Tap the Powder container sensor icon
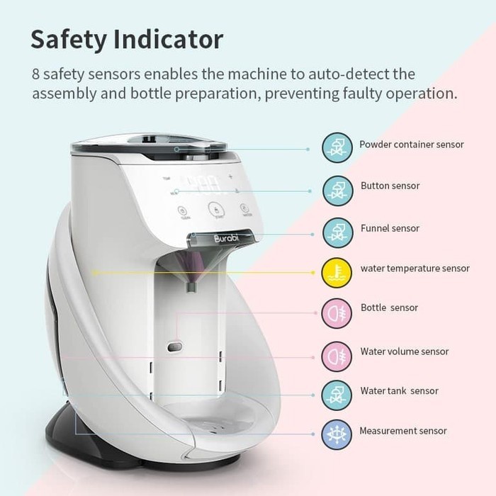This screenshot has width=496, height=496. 337,147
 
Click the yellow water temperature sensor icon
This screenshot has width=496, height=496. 337,272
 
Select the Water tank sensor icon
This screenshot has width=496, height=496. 337,394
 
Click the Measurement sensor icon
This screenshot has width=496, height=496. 337,434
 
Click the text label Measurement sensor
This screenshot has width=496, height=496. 402,431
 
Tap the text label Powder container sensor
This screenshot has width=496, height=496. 411,145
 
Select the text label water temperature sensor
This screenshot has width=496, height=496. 415,269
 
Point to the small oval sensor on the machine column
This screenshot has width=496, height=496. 175,346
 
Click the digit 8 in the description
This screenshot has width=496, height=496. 35,74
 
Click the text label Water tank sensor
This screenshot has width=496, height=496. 399,390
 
